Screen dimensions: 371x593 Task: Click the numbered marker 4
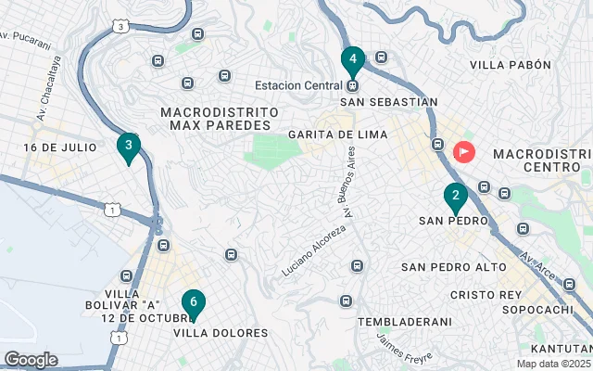coord(352,61)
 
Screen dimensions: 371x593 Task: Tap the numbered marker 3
coord(129,147)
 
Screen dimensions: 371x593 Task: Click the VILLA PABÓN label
coord(511,65)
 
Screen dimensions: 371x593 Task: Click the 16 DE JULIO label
coord(60,147)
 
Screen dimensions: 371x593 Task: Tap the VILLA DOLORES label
coord(221,332)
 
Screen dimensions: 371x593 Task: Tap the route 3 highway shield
coord(121,27)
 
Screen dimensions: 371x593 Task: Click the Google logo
coord(31,359)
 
